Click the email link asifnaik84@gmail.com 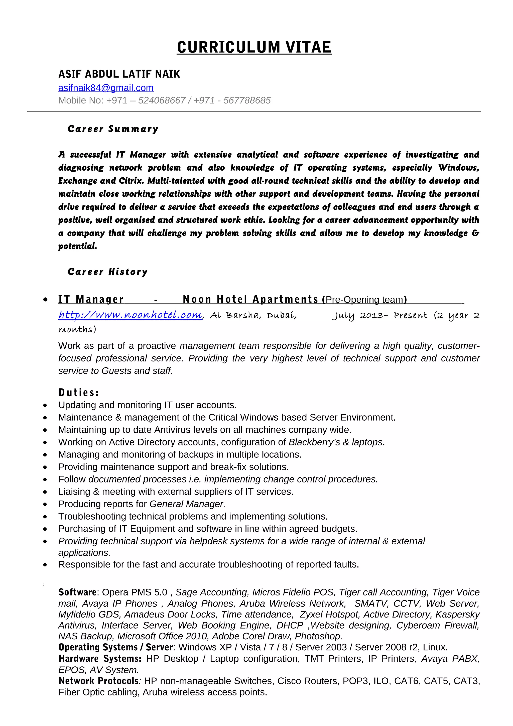tap(106, 88)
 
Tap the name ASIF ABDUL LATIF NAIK tap(119, 74)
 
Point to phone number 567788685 tap(247, 100)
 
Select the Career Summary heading tap(113, 129)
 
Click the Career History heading tap(107, 272)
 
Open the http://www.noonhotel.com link tap(130, 315)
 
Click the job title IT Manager tap(91, 299)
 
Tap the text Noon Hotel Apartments tap(250, 299)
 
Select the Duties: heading tap(79, 393)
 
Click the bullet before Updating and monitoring tap(45, 405)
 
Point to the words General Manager tap(187, 504)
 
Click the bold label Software tap(77, 592)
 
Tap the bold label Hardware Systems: tap(99, 659)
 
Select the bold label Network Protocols tap(98, 681)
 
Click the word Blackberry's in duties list tap(314, 442)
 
